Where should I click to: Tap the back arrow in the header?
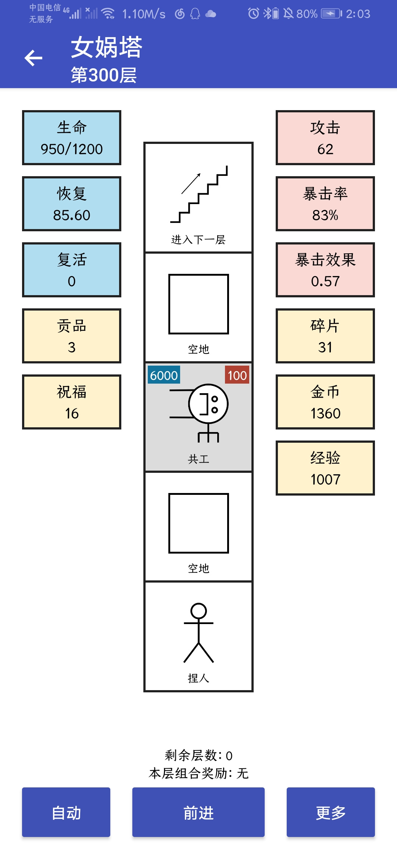pos(33,58)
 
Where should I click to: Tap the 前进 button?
pos(198,812)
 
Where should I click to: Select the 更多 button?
pos(331,812)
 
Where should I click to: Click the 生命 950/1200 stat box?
pos(72,138)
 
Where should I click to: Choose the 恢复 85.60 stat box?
pos(72,204)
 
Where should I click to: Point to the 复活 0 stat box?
pos(72,270)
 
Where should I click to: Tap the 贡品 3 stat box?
pos(72,336)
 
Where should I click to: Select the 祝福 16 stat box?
pos(72,402)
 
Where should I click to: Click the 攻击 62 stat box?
pos(325,138)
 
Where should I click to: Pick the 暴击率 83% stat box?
pos(325,204)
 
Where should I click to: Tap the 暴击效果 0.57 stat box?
pos(325,270)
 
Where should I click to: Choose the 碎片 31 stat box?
pos(325,336)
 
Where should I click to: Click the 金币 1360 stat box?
pos(325,402)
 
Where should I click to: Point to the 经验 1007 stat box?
pos(325,468)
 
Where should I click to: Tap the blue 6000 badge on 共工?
pos(164,375)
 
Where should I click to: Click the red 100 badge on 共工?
pos(237,375)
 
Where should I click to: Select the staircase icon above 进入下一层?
pos(199,194)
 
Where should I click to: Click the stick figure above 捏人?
pos(198,633)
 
